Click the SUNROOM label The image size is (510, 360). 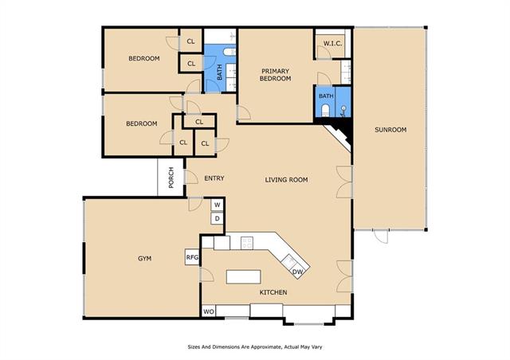(x=390, y=130)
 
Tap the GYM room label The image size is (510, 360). (x=145, y=259)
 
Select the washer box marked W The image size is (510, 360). (x=218, y=205)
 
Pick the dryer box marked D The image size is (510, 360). (x=218, y=218)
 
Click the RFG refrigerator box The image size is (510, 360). (x=192, y=257)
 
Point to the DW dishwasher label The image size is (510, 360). (x=297, y=272)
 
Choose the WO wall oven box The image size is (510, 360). (x=209, y=311)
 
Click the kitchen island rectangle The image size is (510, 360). (x=244, y=276)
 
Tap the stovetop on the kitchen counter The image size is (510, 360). (x=247, y=243)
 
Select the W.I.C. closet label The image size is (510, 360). (x=332, y=43)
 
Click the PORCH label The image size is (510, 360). (x=171, y=178)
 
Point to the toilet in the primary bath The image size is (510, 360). (x=325, y=111)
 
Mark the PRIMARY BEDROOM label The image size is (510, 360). (x=275, y=75)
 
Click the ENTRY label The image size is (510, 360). (x=214, y=178)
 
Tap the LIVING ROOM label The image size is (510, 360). (x=286, y=179)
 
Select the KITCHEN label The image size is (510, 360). (x=273, y=292)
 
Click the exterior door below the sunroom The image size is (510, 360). (x=381, y=236)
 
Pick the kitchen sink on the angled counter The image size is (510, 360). (x=288, y=260)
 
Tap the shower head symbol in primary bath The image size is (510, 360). (x=343, y=111)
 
